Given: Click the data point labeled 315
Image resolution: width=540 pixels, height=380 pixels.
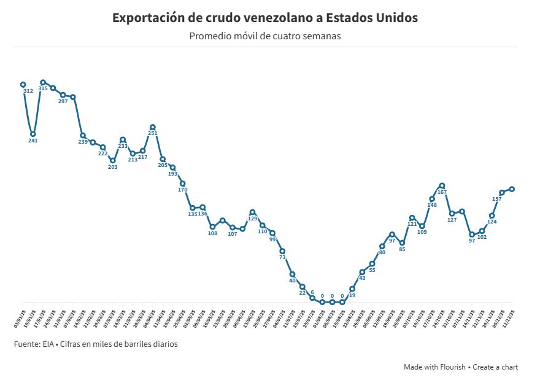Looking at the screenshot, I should click(x=43, y=82).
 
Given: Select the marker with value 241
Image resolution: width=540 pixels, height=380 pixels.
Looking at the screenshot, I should click(x=33, y=134).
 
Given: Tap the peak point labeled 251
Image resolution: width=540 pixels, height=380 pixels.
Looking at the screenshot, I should click(x=153, y=127).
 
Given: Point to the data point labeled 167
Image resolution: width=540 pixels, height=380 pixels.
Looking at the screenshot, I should click(x=442, y=185).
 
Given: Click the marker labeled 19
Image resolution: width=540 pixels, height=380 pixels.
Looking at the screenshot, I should click(x=352, y=289).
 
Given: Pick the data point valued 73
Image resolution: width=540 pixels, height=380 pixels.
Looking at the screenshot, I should click(x=282, y=251).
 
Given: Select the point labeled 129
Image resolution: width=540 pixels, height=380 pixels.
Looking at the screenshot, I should click(x=253, y=212).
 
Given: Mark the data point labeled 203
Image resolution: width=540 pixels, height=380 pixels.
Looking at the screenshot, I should click(x=113, y=160).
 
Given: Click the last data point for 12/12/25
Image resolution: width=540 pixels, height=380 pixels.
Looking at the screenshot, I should click(x=512, y=189).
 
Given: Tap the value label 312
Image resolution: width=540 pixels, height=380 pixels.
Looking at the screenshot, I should click(x=28, y=91).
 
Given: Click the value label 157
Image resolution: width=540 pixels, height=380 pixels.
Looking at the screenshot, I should click(x=497, y=200).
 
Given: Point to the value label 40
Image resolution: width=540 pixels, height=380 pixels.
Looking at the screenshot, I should click(x=293, y=281).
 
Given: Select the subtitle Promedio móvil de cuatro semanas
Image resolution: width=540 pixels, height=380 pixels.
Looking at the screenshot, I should click(x=265, y=36).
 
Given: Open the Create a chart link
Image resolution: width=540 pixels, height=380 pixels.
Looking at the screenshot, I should click(x=495, y=367).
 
